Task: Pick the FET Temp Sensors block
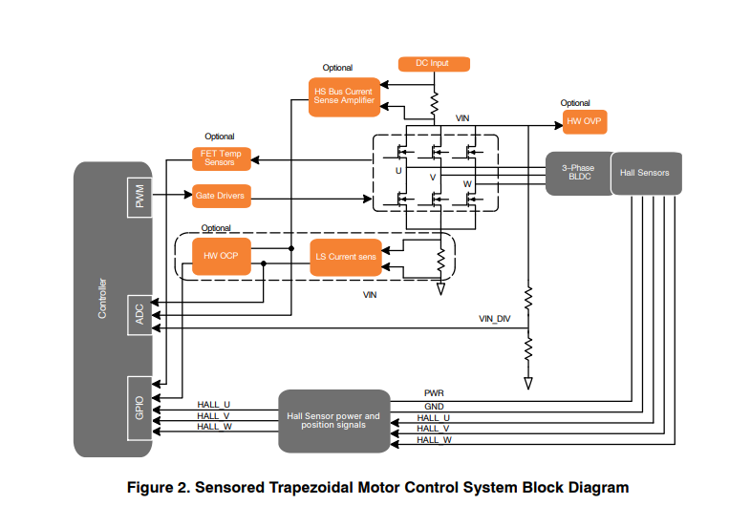220,158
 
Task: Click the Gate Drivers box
221,196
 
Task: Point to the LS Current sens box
346,257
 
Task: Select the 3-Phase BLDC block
577,173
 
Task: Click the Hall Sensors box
645,173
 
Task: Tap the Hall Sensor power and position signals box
333,421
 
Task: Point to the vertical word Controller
102,299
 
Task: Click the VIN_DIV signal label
495,318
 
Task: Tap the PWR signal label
434,392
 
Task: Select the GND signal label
434,405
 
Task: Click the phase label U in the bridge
398,171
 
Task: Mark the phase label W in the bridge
467,183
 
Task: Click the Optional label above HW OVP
575,103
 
